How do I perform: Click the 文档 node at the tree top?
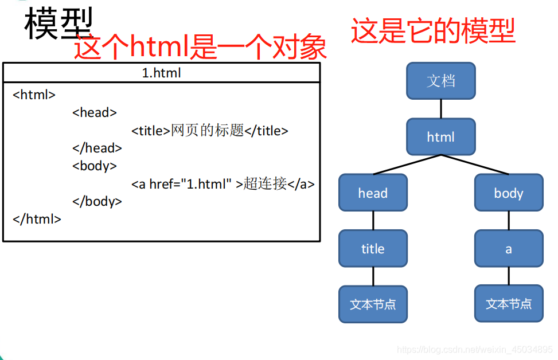[x=440, y=81]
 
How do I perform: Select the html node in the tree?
[x=440, y=137]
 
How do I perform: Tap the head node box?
[x=373, y=193]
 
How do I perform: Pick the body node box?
[x=508, y=193]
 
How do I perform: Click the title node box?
[x=373, y=249]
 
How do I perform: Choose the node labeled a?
[x=508, y=249]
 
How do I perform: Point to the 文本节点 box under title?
[x=373, y=304]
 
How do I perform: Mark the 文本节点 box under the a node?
[x=508, y=303]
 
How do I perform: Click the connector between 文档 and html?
[x=440, y=108]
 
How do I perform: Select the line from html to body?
[x=476, y=165]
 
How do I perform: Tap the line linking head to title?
[x=373, y=221]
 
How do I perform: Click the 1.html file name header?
[x=162, y=73]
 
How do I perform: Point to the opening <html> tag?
[x=34, y=95]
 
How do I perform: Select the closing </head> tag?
[x=97, y=148]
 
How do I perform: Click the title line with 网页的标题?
[x=209, y=131]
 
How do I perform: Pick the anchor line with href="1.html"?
[x=223, y=184]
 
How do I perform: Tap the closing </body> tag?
[x=97, y=202]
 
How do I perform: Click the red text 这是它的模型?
[x=433, y=31]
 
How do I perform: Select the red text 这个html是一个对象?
[x=200, y=48]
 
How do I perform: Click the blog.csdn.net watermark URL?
[x=475, y=350]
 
